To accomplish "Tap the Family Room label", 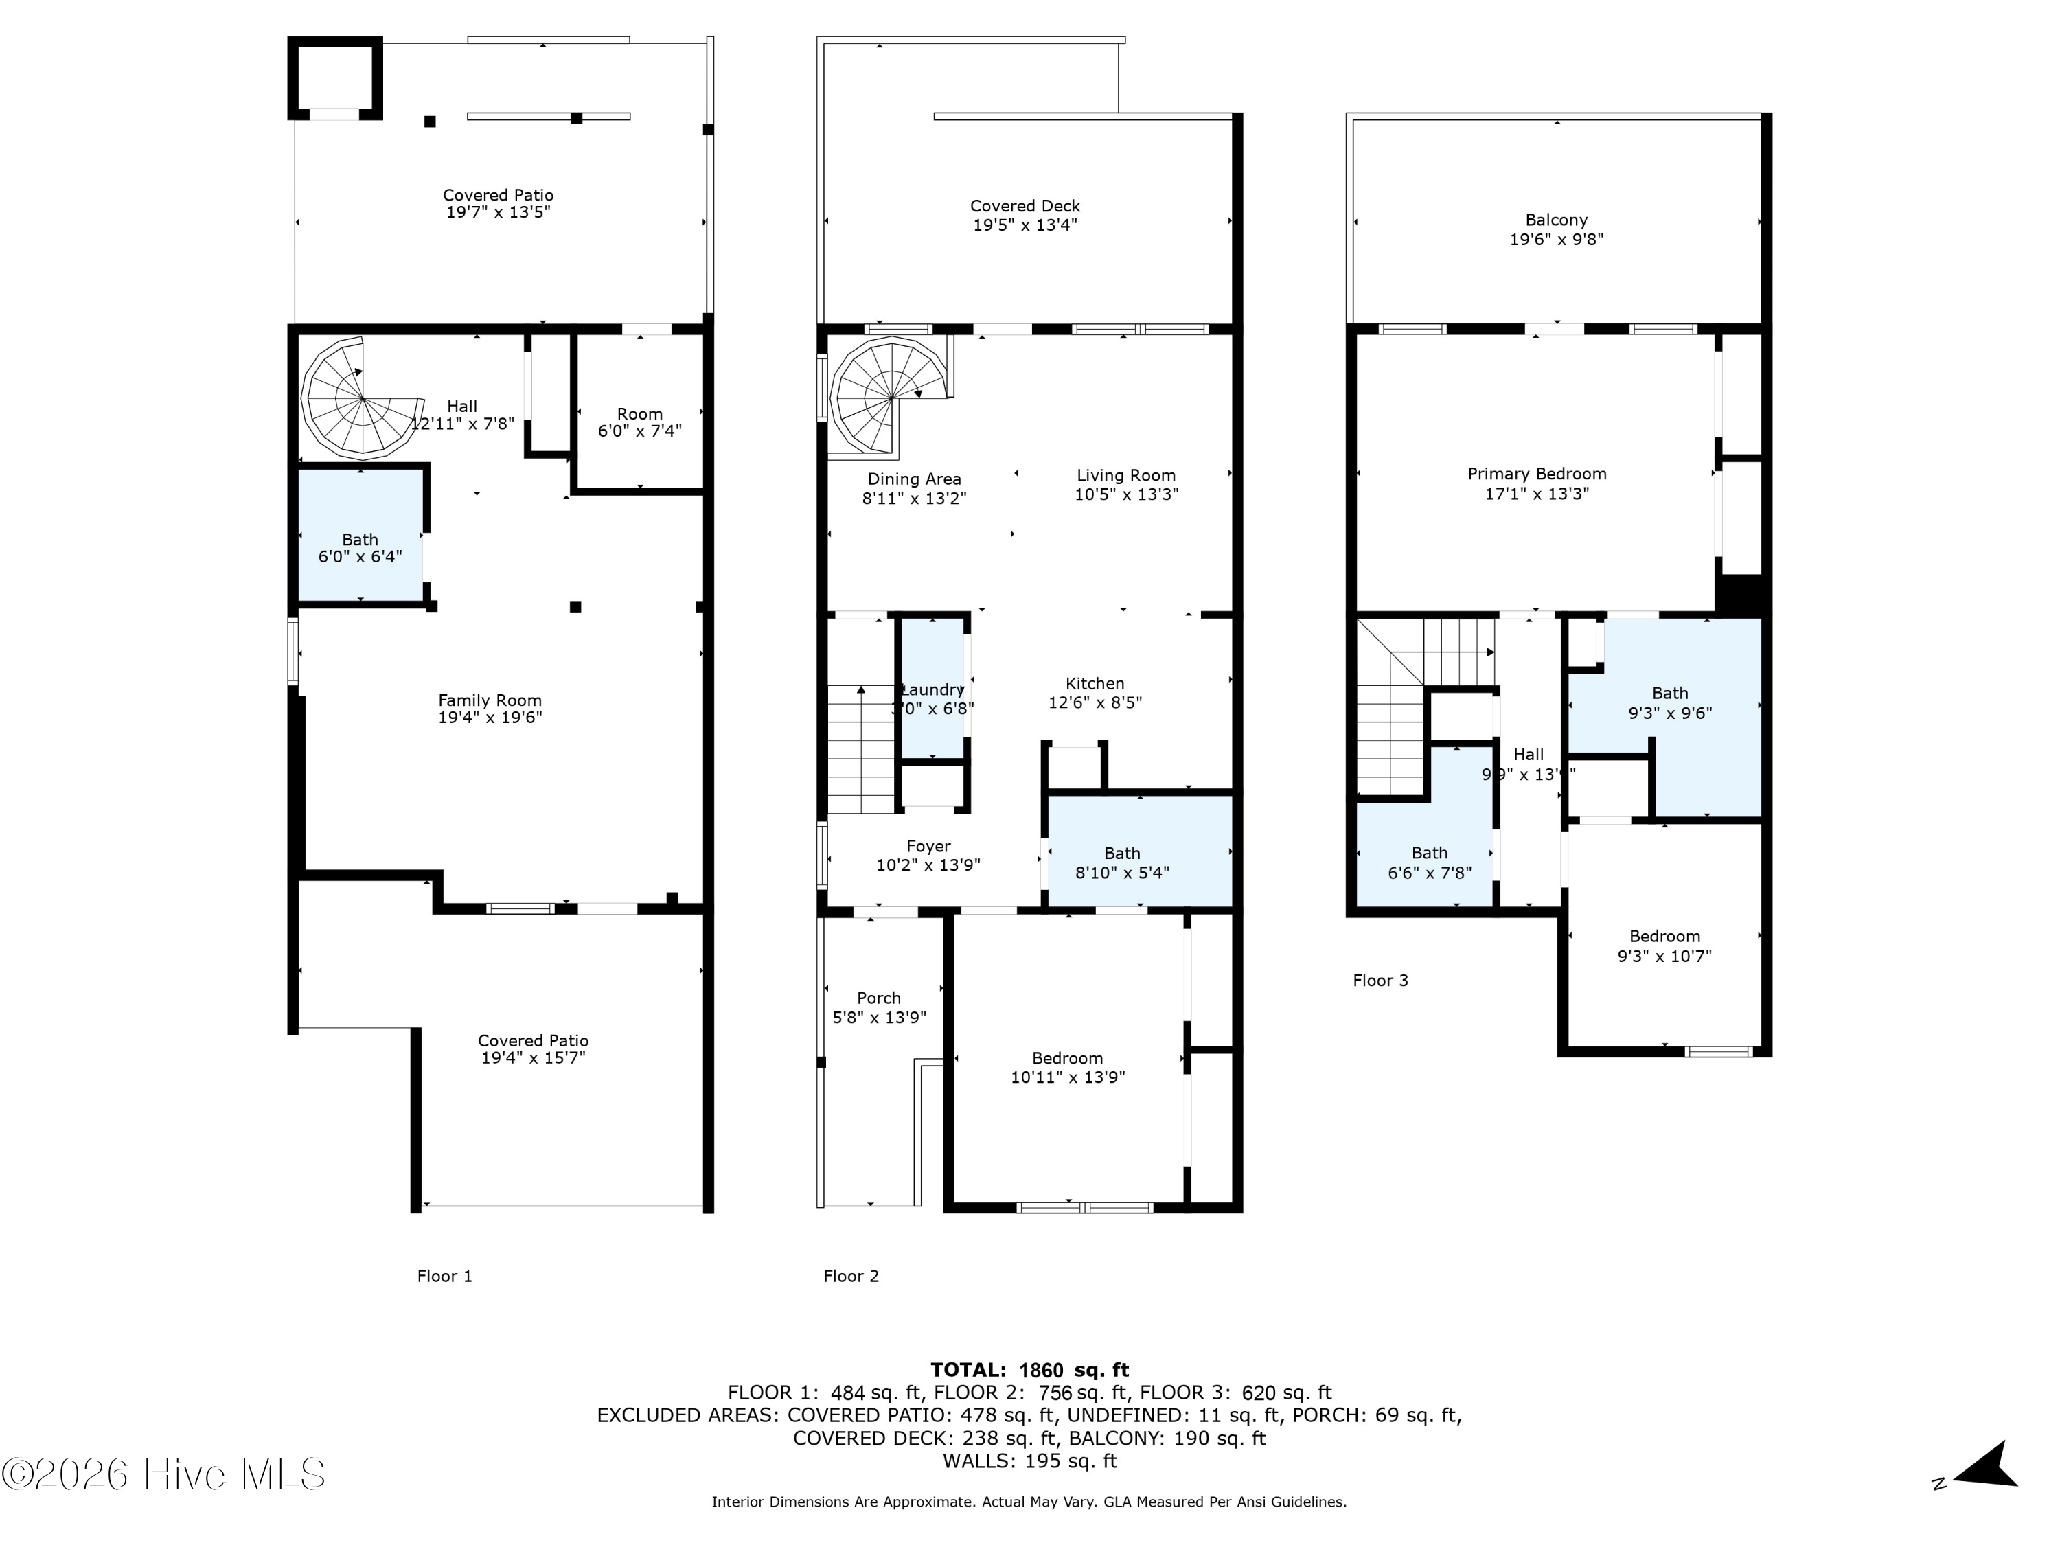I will tap(490, 700).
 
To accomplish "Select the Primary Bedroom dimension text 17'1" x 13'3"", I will tap(1537, 494).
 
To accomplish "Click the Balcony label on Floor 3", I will tap(1556, 220).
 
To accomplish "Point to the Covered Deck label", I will tap(1025, 207).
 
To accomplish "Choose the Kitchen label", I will tap(1095, 683).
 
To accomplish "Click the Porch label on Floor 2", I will tap(878, 998).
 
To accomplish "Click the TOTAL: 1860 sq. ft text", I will tap(1029, 1370).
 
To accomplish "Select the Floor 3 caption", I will tap(1380, 981).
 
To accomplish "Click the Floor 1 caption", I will tap(444, 1277).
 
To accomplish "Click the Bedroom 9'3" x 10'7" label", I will tap(1664, 937).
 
